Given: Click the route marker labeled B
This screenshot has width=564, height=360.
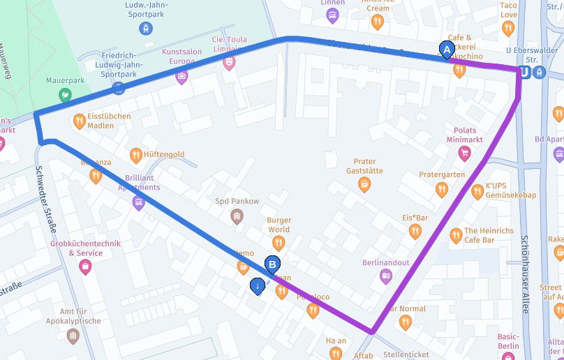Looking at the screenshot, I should click(273, 264).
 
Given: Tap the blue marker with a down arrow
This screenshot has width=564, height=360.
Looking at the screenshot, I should click(258, 285).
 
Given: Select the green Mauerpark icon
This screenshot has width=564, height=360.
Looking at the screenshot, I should click(65, 94).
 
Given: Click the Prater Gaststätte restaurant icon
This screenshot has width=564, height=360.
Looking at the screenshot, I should click(364, 184).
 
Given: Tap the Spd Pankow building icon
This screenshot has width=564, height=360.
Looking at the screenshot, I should click(237, 216).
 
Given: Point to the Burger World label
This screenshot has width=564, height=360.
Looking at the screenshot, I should click(279, 225).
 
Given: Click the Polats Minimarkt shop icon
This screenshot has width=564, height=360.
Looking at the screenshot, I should click(464, 154).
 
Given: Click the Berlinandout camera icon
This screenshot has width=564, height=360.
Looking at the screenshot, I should click(386, 276).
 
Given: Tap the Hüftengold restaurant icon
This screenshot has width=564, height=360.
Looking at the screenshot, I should click(136, 155).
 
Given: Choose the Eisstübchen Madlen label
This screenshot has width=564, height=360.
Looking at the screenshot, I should click(110, 121).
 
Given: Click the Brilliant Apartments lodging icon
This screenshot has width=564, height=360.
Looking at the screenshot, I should click(138, 203).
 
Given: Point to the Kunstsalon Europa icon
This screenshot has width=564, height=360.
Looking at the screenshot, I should click(182, 76).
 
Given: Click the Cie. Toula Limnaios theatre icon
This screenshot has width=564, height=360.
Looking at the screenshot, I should click(228, 62).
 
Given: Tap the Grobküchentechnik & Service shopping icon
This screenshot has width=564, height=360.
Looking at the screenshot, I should click(85, 267).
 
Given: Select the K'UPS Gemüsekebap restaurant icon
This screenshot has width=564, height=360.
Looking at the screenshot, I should click(477, 192).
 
